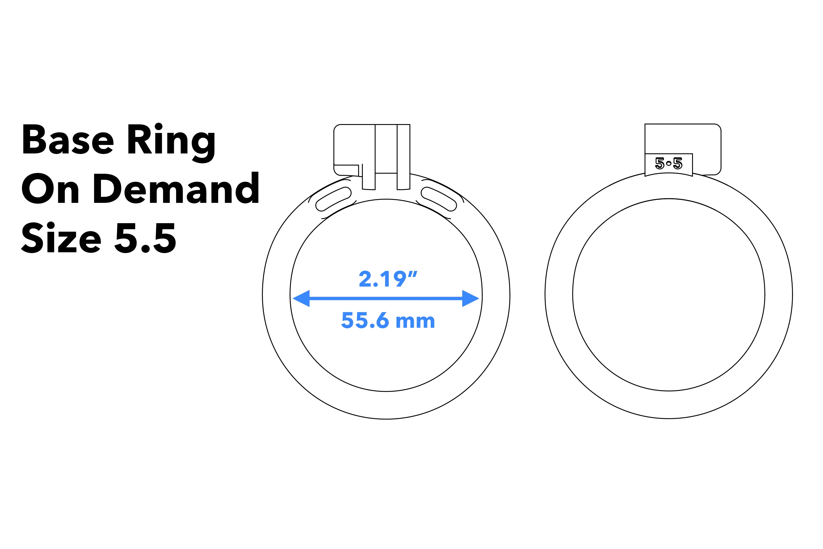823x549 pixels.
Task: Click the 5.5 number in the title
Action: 145,238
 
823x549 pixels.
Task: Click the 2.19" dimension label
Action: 388,279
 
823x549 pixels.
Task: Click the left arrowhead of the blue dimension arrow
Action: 301,298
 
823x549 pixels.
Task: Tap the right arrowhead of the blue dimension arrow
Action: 470,298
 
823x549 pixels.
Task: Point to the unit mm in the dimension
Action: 415,321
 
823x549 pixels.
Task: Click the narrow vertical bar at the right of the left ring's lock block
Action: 404,156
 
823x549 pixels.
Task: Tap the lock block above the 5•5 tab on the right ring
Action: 682,139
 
